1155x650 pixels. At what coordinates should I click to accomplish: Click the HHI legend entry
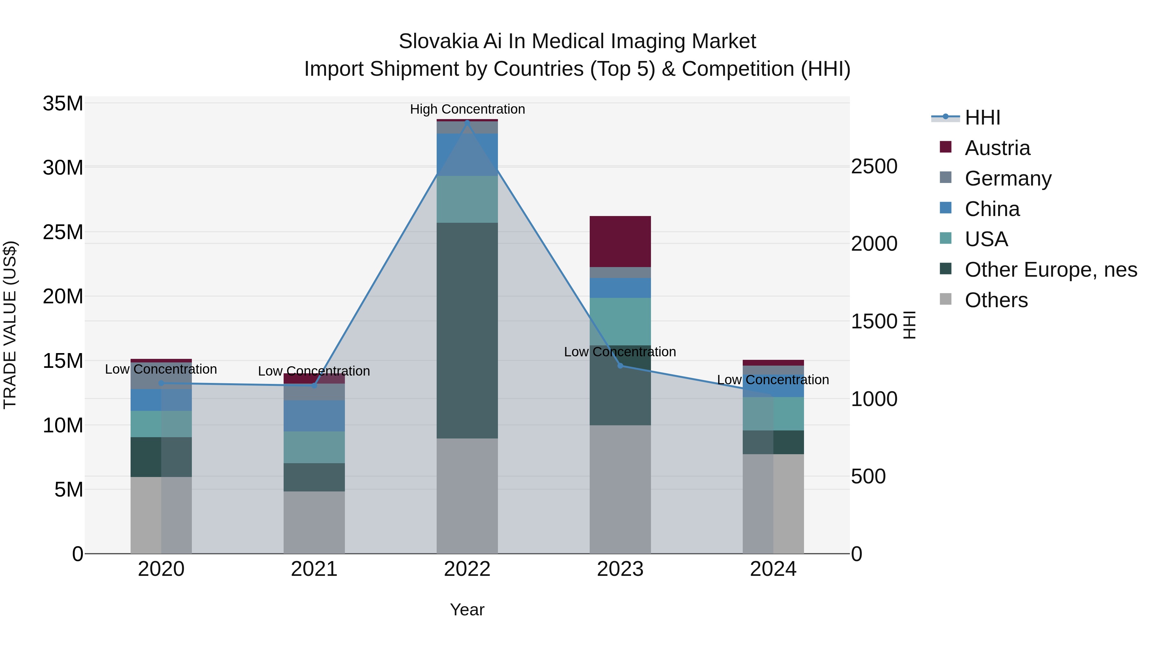(x=982, y=117)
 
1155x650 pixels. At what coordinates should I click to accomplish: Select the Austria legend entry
(x=997, y=148)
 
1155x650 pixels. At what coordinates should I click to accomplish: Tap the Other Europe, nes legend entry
(x=1050, y=270)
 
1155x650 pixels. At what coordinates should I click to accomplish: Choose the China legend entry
(x=992, y=209)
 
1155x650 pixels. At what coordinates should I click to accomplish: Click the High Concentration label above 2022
(x=467, y=109)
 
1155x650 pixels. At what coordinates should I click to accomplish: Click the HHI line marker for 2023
(x=620, y=366)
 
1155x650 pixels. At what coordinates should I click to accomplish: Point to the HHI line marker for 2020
(x=161, y=383)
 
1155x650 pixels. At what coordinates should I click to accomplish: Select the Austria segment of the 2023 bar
(x=620, y=241)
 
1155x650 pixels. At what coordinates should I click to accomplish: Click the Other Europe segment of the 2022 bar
(x=467, y=330)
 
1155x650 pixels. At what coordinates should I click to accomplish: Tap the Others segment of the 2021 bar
(x=314, y=522)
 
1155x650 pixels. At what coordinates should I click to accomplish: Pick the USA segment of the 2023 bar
(x=620, y=321)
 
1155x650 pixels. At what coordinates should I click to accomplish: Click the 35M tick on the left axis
(x=63, y=104)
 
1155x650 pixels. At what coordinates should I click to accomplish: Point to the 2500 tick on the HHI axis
(x=874, y=166)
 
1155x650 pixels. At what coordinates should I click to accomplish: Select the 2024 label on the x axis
(x=773, y=569)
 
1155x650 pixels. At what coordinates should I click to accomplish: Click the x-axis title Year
(x=467, y=610)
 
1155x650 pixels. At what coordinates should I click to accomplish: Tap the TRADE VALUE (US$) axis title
(x=10, y=325)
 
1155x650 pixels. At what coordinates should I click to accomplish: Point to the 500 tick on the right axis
(x=868, y=476)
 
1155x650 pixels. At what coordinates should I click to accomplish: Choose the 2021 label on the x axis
(x=314, y=569)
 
